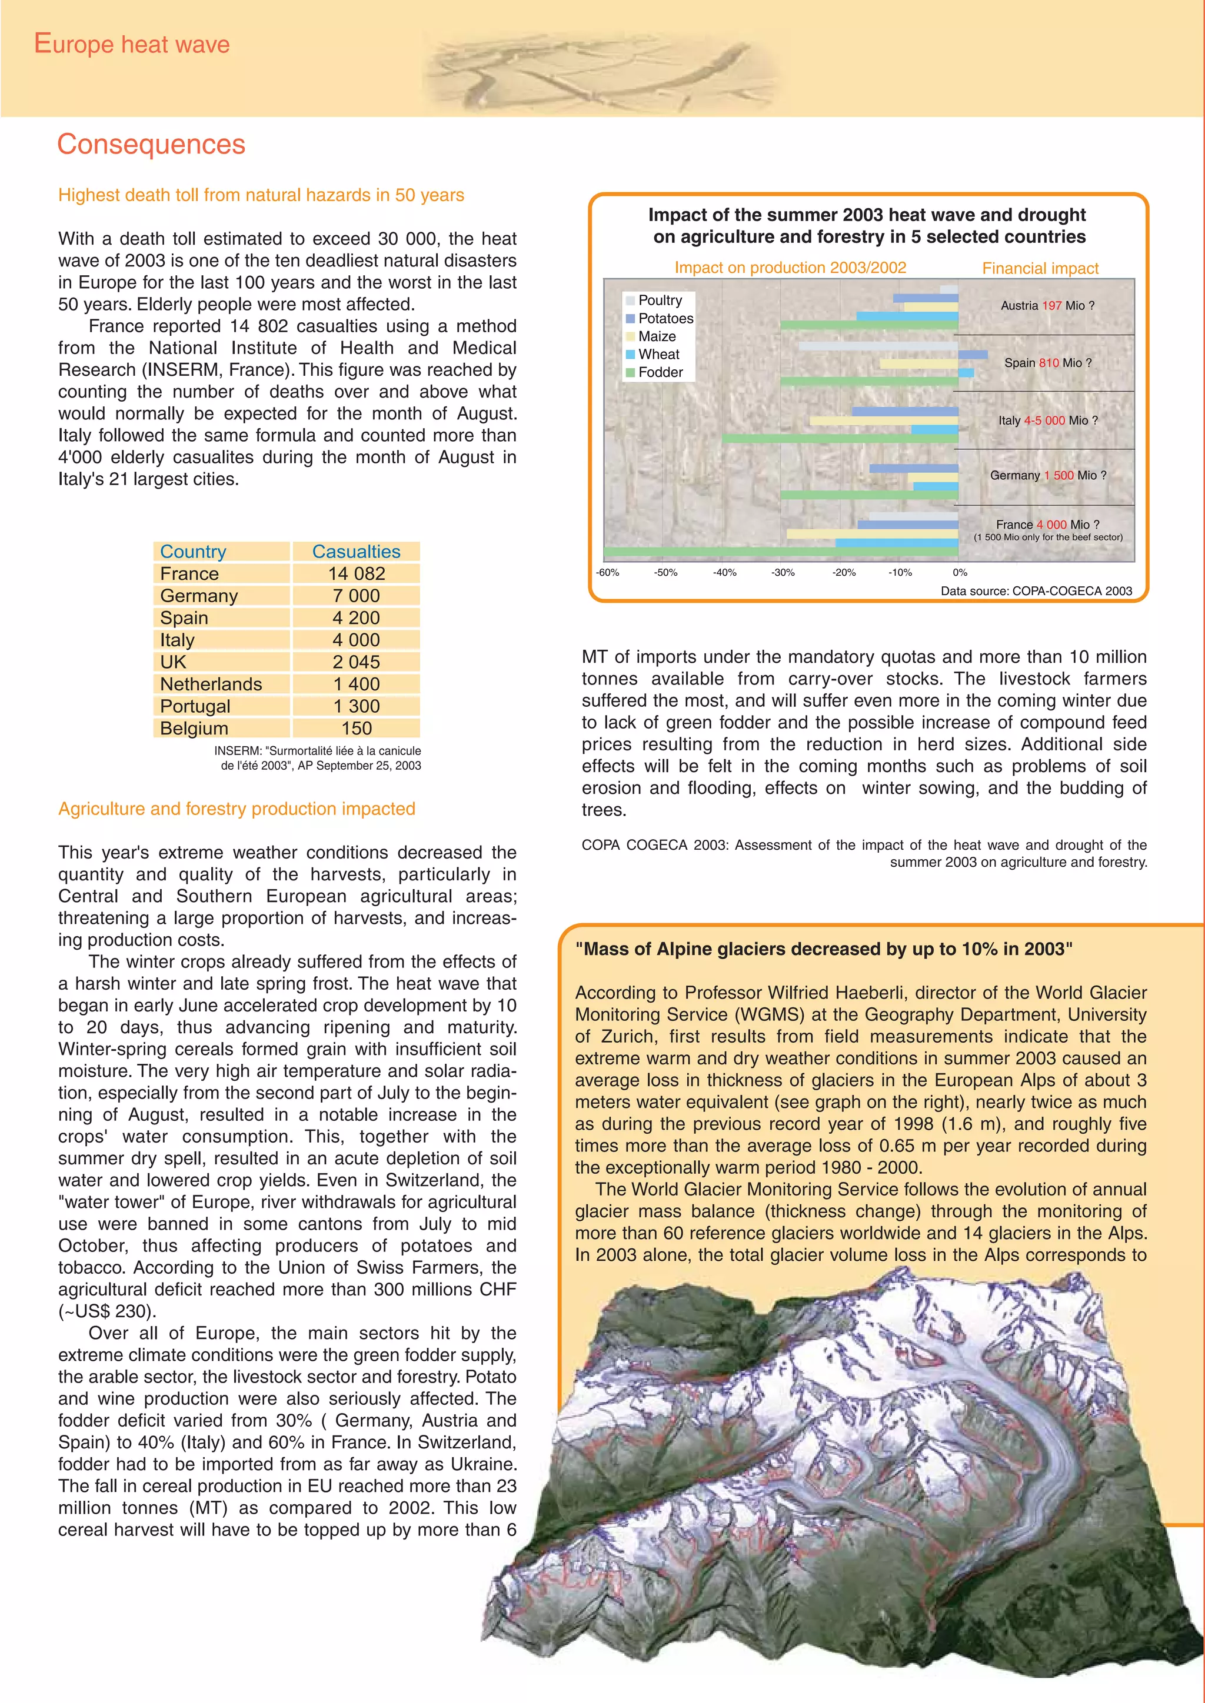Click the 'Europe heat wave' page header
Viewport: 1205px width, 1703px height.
click(x=132, y=45)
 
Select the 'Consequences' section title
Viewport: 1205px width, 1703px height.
click(x=151, y=144)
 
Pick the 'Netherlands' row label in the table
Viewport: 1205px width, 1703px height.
click(x=211, y=684)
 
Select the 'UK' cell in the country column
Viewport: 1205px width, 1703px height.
click(x=174, y=662)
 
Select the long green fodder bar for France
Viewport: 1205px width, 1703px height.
click(x=779, y=552)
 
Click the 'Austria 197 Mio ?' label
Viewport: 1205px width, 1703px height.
click(x=1047, y=306)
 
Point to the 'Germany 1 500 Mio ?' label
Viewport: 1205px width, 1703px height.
click(x=1048, y=476)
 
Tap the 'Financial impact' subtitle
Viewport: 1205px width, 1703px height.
click(x=1040, y=269)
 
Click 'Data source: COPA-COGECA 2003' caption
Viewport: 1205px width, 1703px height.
click(x=1036, y=591)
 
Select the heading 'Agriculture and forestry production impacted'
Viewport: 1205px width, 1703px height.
click(x=237, y=809)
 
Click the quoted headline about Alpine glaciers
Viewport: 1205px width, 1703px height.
click(x=824, y=949)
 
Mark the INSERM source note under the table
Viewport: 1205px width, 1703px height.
click(x=318, y=758)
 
